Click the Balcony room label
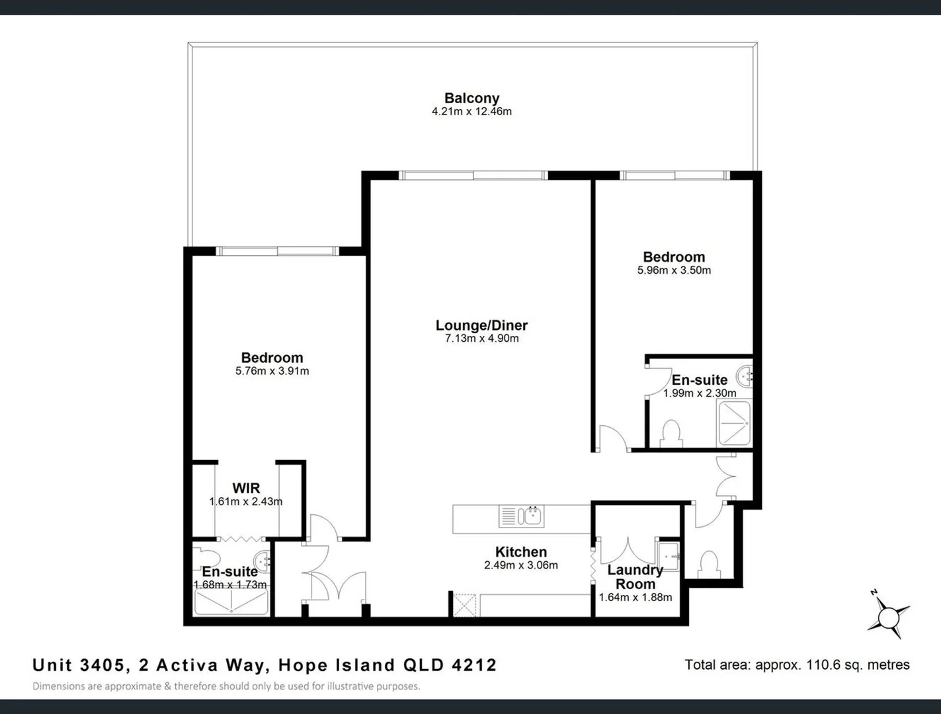pos(471,99)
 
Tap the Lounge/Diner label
pos(481,325)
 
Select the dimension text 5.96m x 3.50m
pos(674,270)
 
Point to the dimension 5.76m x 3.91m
pos(272,372)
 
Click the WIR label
pos(246,489)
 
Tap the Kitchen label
pos(521,552)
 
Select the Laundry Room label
pos(635,576)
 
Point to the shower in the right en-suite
pos(734,423)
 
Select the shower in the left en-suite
pos(231,602)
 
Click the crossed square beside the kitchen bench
pos(464,605)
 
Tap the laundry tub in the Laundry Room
pos(668,556)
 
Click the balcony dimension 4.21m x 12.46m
pos(471,112)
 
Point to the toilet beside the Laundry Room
pos(709,564)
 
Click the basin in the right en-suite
pos(745,376)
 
